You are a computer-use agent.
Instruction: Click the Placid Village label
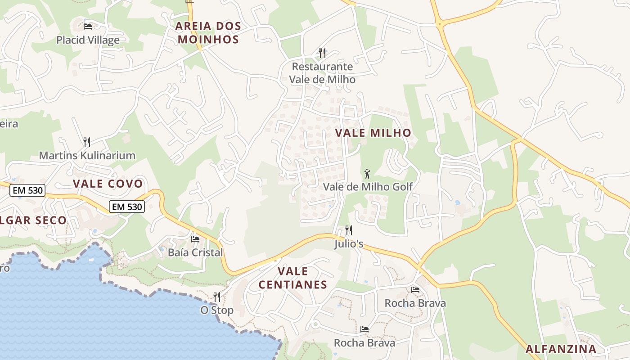(x=88, y=40)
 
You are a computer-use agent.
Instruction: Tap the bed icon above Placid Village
(x=88, y=27)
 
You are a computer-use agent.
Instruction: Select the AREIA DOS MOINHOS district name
(x=208, y=32)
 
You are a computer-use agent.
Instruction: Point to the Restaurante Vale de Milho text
(x=322, y=73)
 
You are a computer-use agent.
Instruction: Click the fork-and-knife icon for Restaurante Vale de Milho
(x=322, y=53)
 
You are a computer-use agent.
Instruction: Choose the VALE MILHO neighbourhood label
(x=373, y=133)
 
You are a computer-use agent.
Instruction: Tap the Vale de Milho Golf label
(x=368, y=186)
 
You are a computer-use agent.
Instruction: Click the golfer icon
(x=367, y=173)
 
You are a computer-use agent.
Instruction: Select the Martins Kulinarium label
(x=87, y=156)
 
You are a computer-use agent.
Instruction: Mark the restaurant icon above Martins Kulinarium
(x=87, y=142)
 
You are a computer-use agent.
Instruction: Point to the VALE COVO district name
(x=108, y=184)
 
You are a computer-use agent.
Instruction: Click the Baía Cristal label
(x=195, y=252)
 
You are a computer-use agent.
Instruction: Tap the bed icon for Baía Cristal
(x=195, y=239)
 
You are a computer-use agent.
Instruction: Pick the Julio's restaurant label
(x=349, y=244)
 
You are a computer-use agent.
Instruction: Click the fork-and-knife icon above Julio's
(x=349, y=230)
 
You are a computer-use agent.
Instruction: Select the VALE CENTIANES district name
(x=293, y=278)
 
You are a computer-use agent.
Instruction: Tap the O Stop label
(x=217, y=310)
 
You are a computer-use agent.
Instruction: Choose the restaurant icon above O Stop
(x=217, y=297)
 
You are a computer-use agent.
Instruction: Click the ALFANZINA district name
(x=561, y=349)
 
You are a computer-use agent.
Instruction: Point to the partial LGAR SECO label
(x=33, y=220)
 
